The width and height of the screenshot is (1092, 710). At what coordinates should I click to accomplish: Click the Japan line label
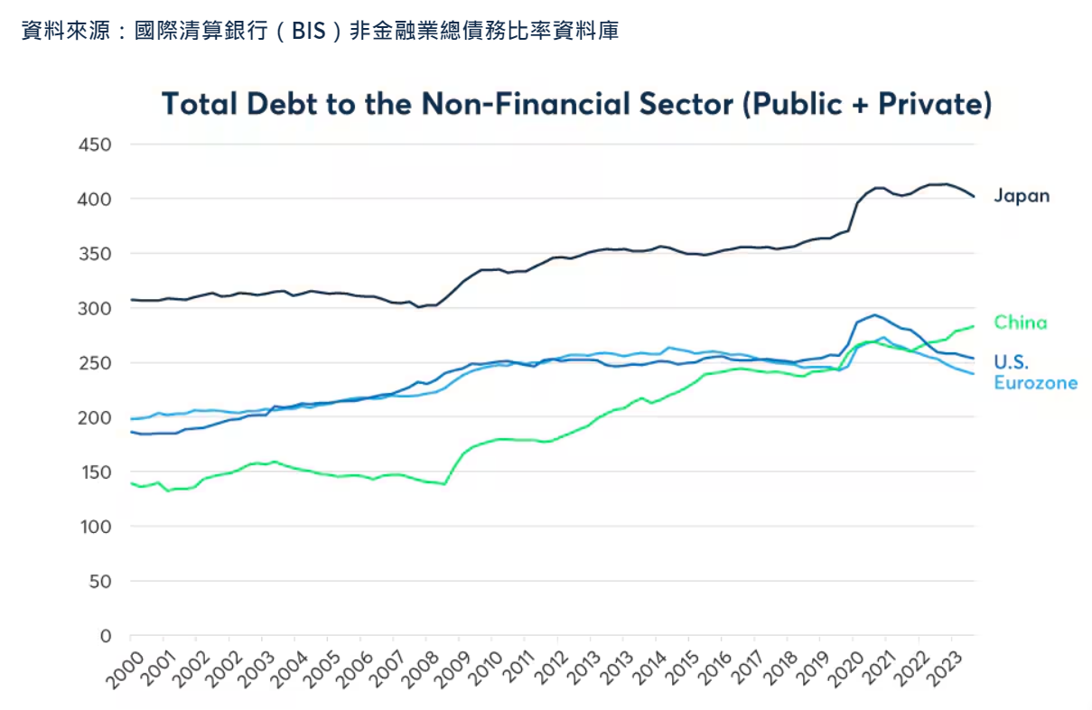[1022, 195]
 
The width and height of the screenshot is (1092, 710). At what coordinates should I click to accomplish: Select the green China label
[1021, 322]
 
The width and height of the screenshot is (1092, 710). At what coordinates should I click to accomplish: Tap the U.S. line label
[1011, 363]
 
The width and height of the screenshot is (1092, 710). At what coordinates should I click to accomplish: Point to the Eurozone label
[1035, 383]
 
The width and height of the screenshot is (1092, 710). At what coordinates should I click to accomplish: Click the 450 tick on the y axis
[94, 145]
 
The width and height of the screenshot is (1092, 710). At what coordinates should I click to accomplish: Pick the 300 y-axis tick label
[94, 309]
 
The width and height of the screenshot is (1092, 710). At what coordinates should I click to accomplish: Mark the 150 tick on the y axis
[94, 472]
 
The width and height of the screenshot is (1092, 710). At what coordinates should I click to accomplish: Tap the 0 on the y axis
[105, 636]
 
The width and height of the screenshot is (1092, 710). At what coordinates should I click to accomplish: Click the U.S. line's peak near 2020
[873, 315]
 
